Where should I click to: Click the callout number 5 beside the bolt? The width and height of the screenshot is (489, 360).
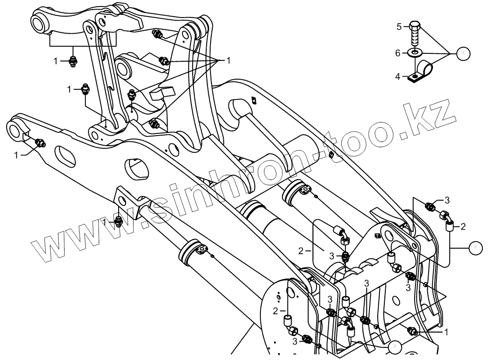tap(399, 27)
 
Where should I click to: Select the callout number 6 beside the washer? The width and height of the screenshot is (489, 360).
tap(398, 53)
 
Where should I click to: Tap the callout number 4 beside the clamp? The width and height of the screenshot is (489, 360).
tap(398, 76)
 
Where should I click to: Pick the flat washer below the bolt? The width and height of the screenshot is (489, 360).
tap(415, 53)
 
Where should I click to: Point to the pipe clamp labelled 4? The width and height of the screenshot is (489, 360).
tap(420, 72)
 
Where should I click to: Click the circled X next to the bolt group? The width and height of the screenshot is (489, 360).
tap(463, 53)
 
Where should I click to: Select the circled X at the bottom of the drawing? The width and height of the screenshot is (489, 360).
tap(394, 347)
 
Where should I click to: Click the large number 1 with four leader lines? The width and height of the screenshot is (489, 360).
tap(228, 60)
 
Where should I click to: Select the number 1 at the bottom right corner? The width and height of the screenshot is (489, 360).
tap(446, 331)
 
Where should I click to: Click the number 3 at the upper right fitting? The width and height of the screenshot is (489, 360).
tap(447, 200)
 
